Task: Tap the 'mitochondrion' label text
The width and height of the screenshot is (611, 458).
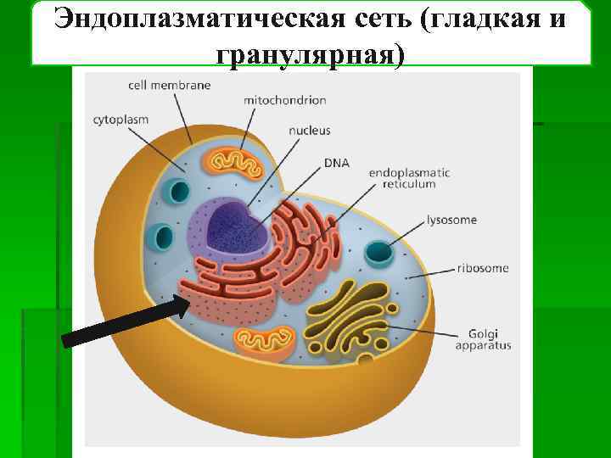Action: [284, 100]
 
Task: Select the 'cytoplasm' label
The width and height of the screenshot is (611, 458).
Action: [121, 120]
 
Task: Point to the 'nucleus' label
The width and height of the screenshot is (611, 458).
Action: [309, 131]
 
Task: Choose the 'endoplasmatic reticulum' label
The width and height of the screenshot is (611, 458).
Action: [409, 178]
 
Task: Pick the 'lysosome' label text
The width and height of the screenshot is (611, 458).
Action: [451, 220]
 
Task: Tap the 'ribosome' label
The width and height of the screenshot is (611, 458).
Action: [483, 268]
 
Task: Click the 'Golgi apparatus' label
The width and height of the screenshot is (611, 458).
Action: [483, 338]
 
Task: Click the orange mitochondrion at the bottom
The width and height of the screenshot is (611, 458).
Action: [266, 340]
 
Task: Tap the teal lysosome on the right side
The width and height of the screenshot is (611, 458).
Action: [379, 253]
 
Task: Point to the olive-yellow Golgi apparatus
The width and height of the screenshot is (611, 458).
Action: [348, 318]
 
